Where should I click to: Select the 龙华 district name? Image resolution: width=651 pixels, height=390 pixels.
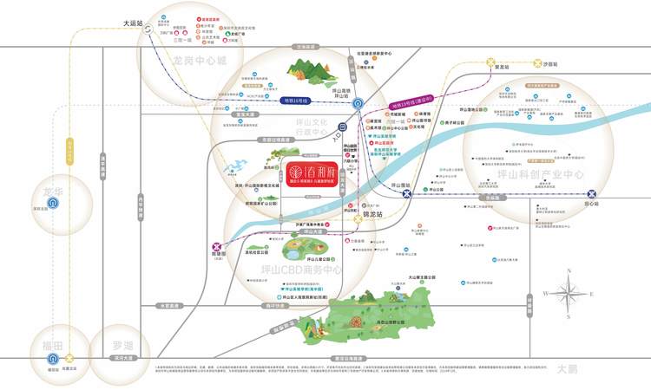54,190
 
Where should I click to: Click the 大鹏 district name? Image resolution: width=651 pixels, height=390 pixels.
567,368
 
